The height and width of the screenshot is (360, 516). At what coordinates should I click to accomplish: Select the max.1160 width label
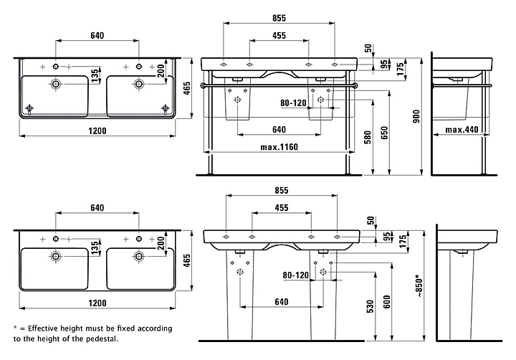tap(279, 148)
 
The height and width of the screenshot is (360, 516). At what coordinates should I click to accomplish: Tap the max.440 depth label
tap(462, 130)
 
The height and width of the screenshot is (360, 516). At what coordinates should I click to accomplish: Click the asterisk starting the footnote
tap(16, 328)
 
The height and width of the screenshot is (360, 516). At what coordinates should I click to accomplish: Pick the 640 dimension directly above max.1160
tap(279, 130)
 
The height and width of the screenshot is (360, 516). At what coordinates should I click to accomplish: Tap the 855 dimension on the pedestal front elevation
tap(280, 190)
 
